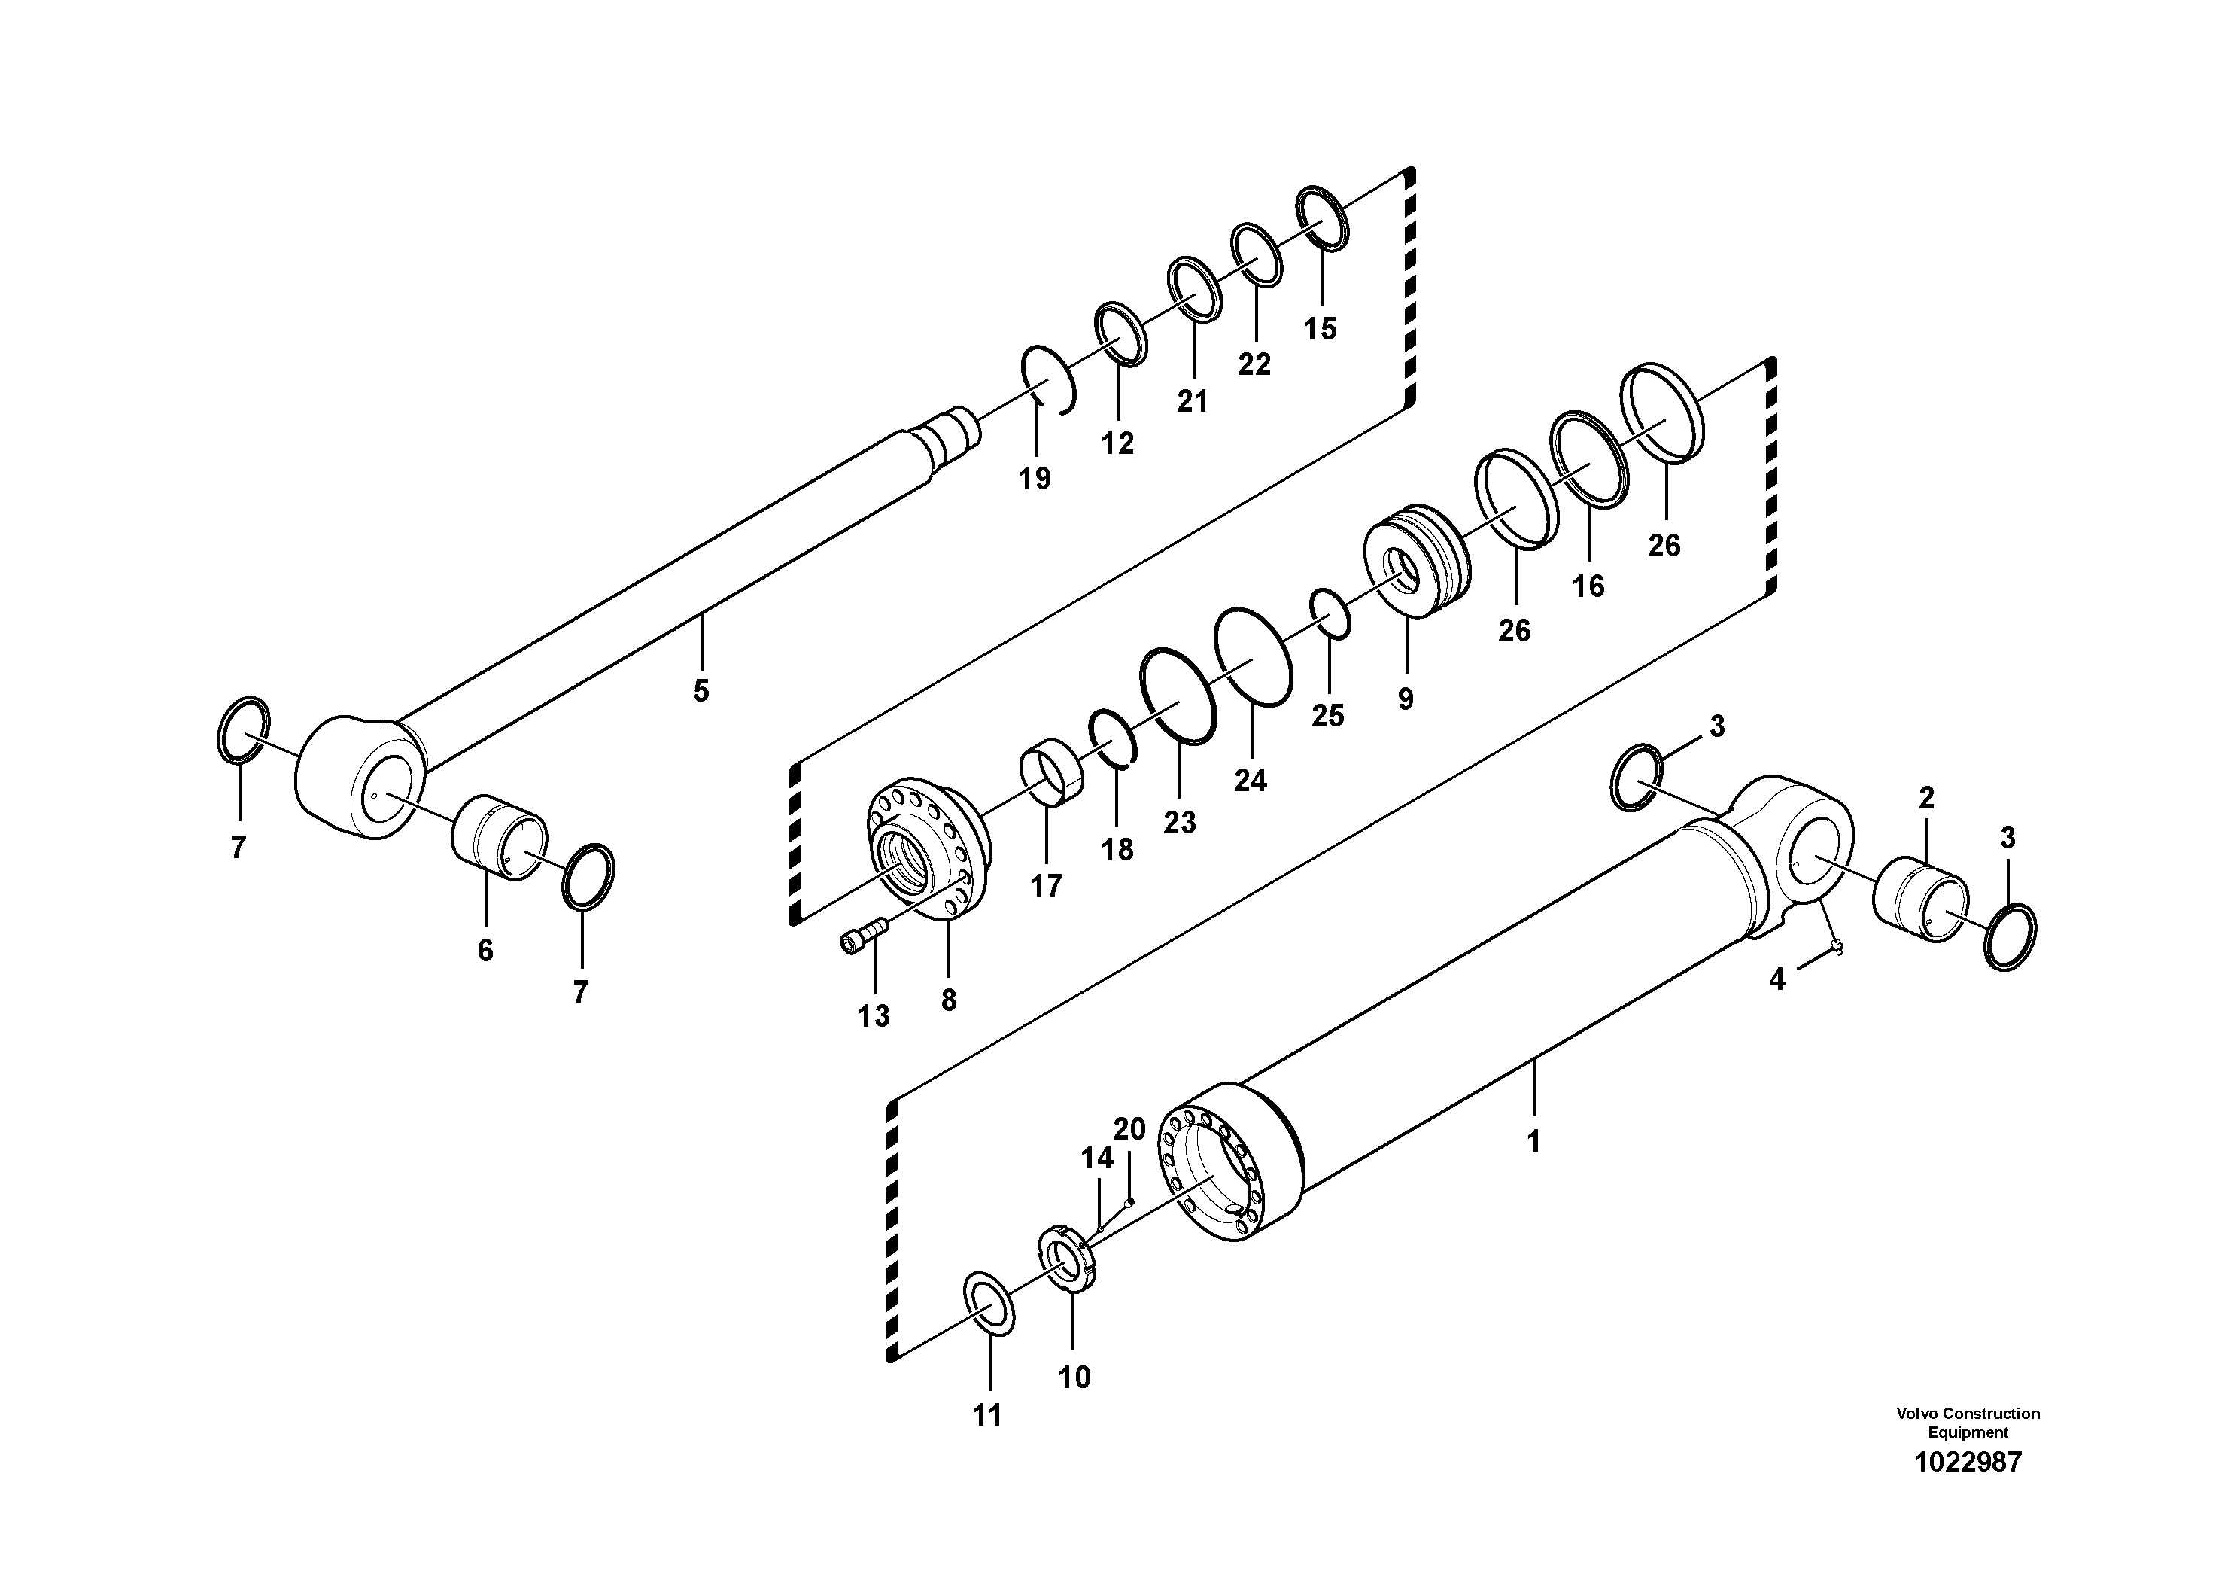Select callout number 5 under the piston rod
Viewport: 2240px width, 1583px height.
point(701,691)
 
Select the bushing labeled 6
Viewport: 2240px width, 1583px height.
point(497,837)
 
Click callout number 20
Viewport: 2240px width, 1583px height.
point(1129,1129)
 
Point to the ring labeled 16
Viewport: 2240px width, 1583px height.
point(1590,458)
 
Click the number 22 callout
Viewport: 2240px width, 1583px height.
point(1254,364)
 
